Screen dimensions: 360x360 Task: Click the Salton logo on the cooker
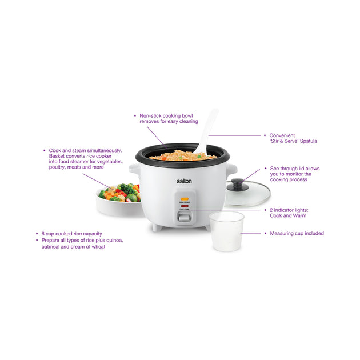184,181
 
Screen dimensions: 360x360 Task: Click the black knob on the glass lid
238,185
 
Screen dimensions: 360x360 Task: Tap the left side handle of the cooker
134,169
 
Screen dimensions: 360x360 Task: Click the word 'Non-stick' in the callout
151,115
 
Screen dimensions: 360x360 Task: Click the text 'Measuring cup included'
297,233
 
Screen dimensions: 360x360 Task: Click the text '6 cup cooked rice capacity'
71,234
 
